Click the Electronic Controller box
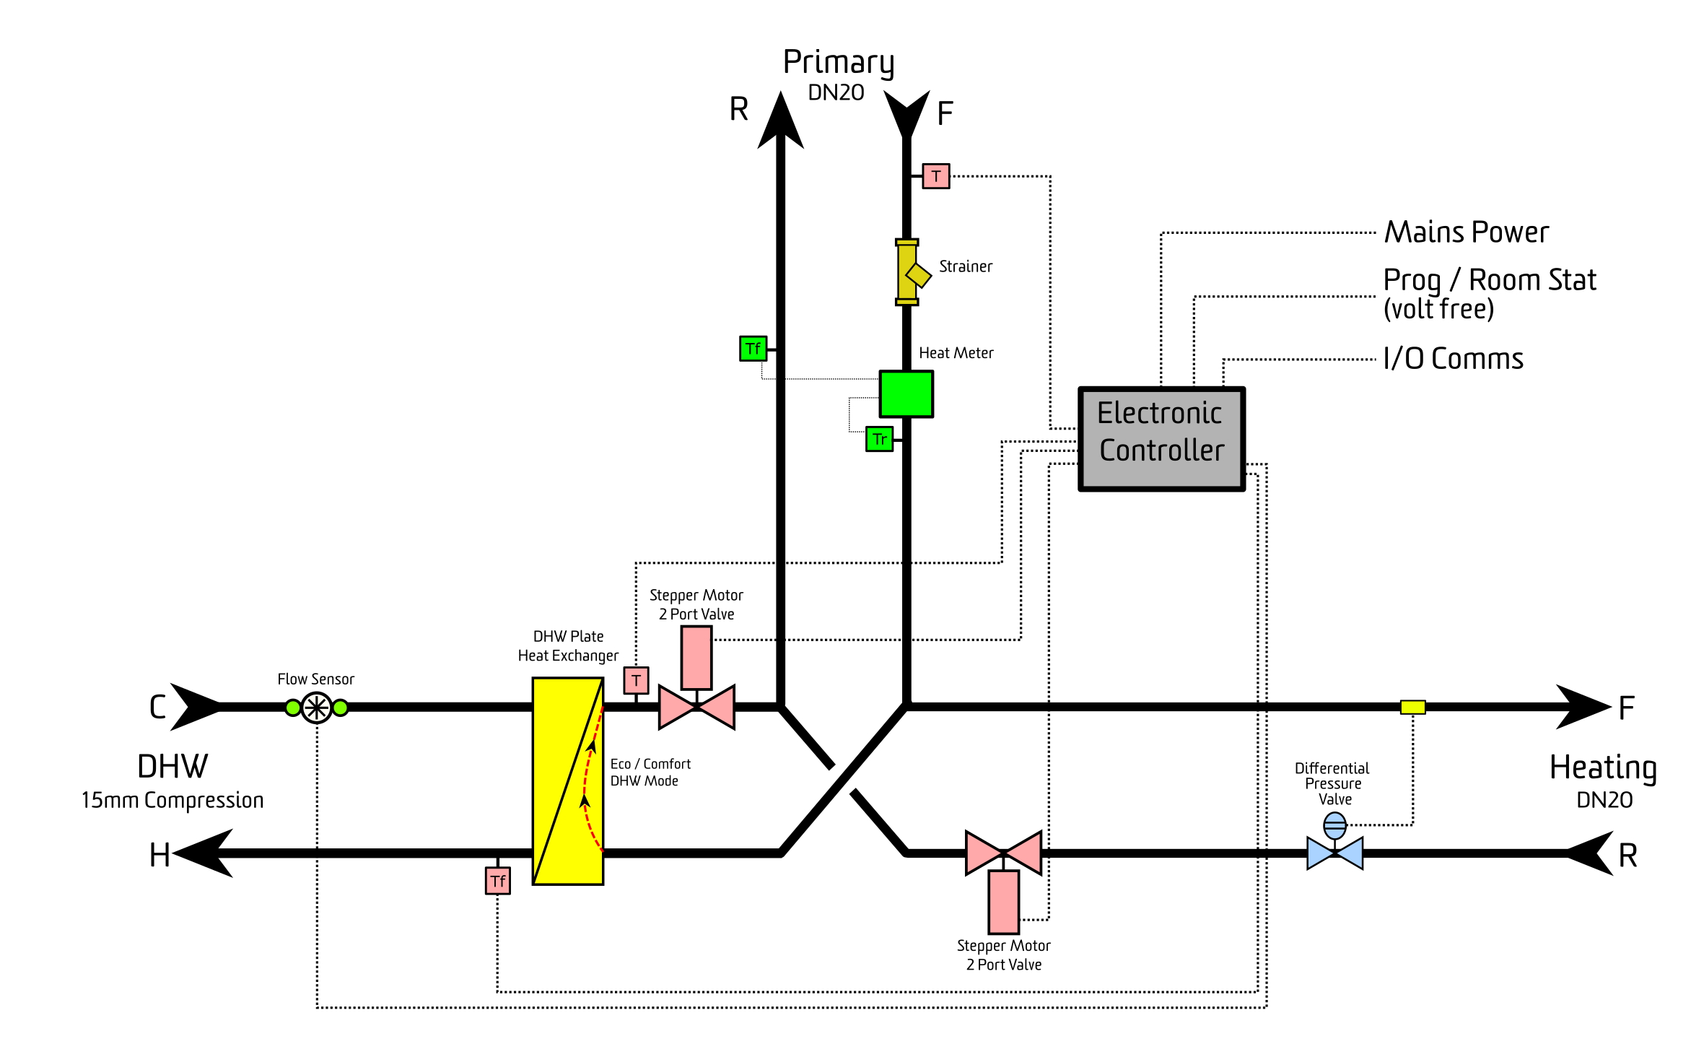coord(1161,439)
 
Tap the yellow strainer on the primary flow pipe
coord(909,272)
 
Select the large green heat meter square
coord(906,394)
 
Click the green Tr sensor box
coord(879,439)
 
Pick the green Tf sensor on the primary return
coord(753,349)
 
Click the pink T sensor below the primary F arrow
coord(935,176)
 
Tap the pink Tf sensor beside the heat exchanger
coord(497,881)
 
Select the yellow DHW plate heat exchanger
coord(568,781)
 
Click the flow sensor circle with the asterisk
coord(316,708)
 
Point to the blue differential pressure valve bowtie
coord(1334,853)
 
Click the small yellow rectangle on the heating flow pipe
coord(1412,708)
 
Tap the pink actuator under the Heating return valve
coord(1003,902)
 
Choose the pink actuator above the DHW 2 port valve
coord(696,658)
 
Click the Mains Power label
coord(1467,232)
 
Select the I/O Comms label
coord(1453,359)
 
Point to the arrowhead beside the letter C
coord(195,708)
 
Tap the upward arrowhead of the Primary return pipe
coord(780,120)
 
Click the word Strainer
coord(966,266)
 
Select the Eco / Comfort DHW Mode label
coord(650,773)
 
